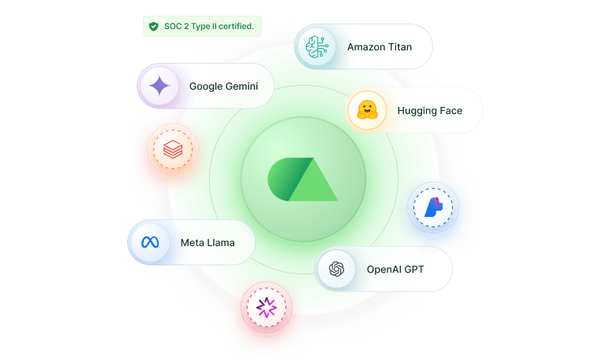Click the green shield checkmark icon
pos(153,27)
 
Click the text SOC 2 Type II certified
pos(208,27)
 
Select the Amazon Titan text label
pos(379,47)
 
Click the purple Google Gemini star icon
pos(160,86)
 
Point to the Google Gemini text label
pos(223,86)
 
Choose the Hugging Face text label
pos(430,111)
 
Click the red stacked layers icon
pos(171,148)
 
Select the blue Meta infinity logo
pos(150,243)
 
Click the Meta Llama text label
pos(208,243)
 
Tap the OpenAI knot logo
pos(336,270)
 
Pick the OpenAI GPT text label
pos(395,270)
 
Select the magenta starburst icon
pos(266,307)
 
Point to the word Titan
pos(398,47)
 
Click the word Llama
pos(221,243)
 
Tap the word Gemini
pos(240,86)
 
